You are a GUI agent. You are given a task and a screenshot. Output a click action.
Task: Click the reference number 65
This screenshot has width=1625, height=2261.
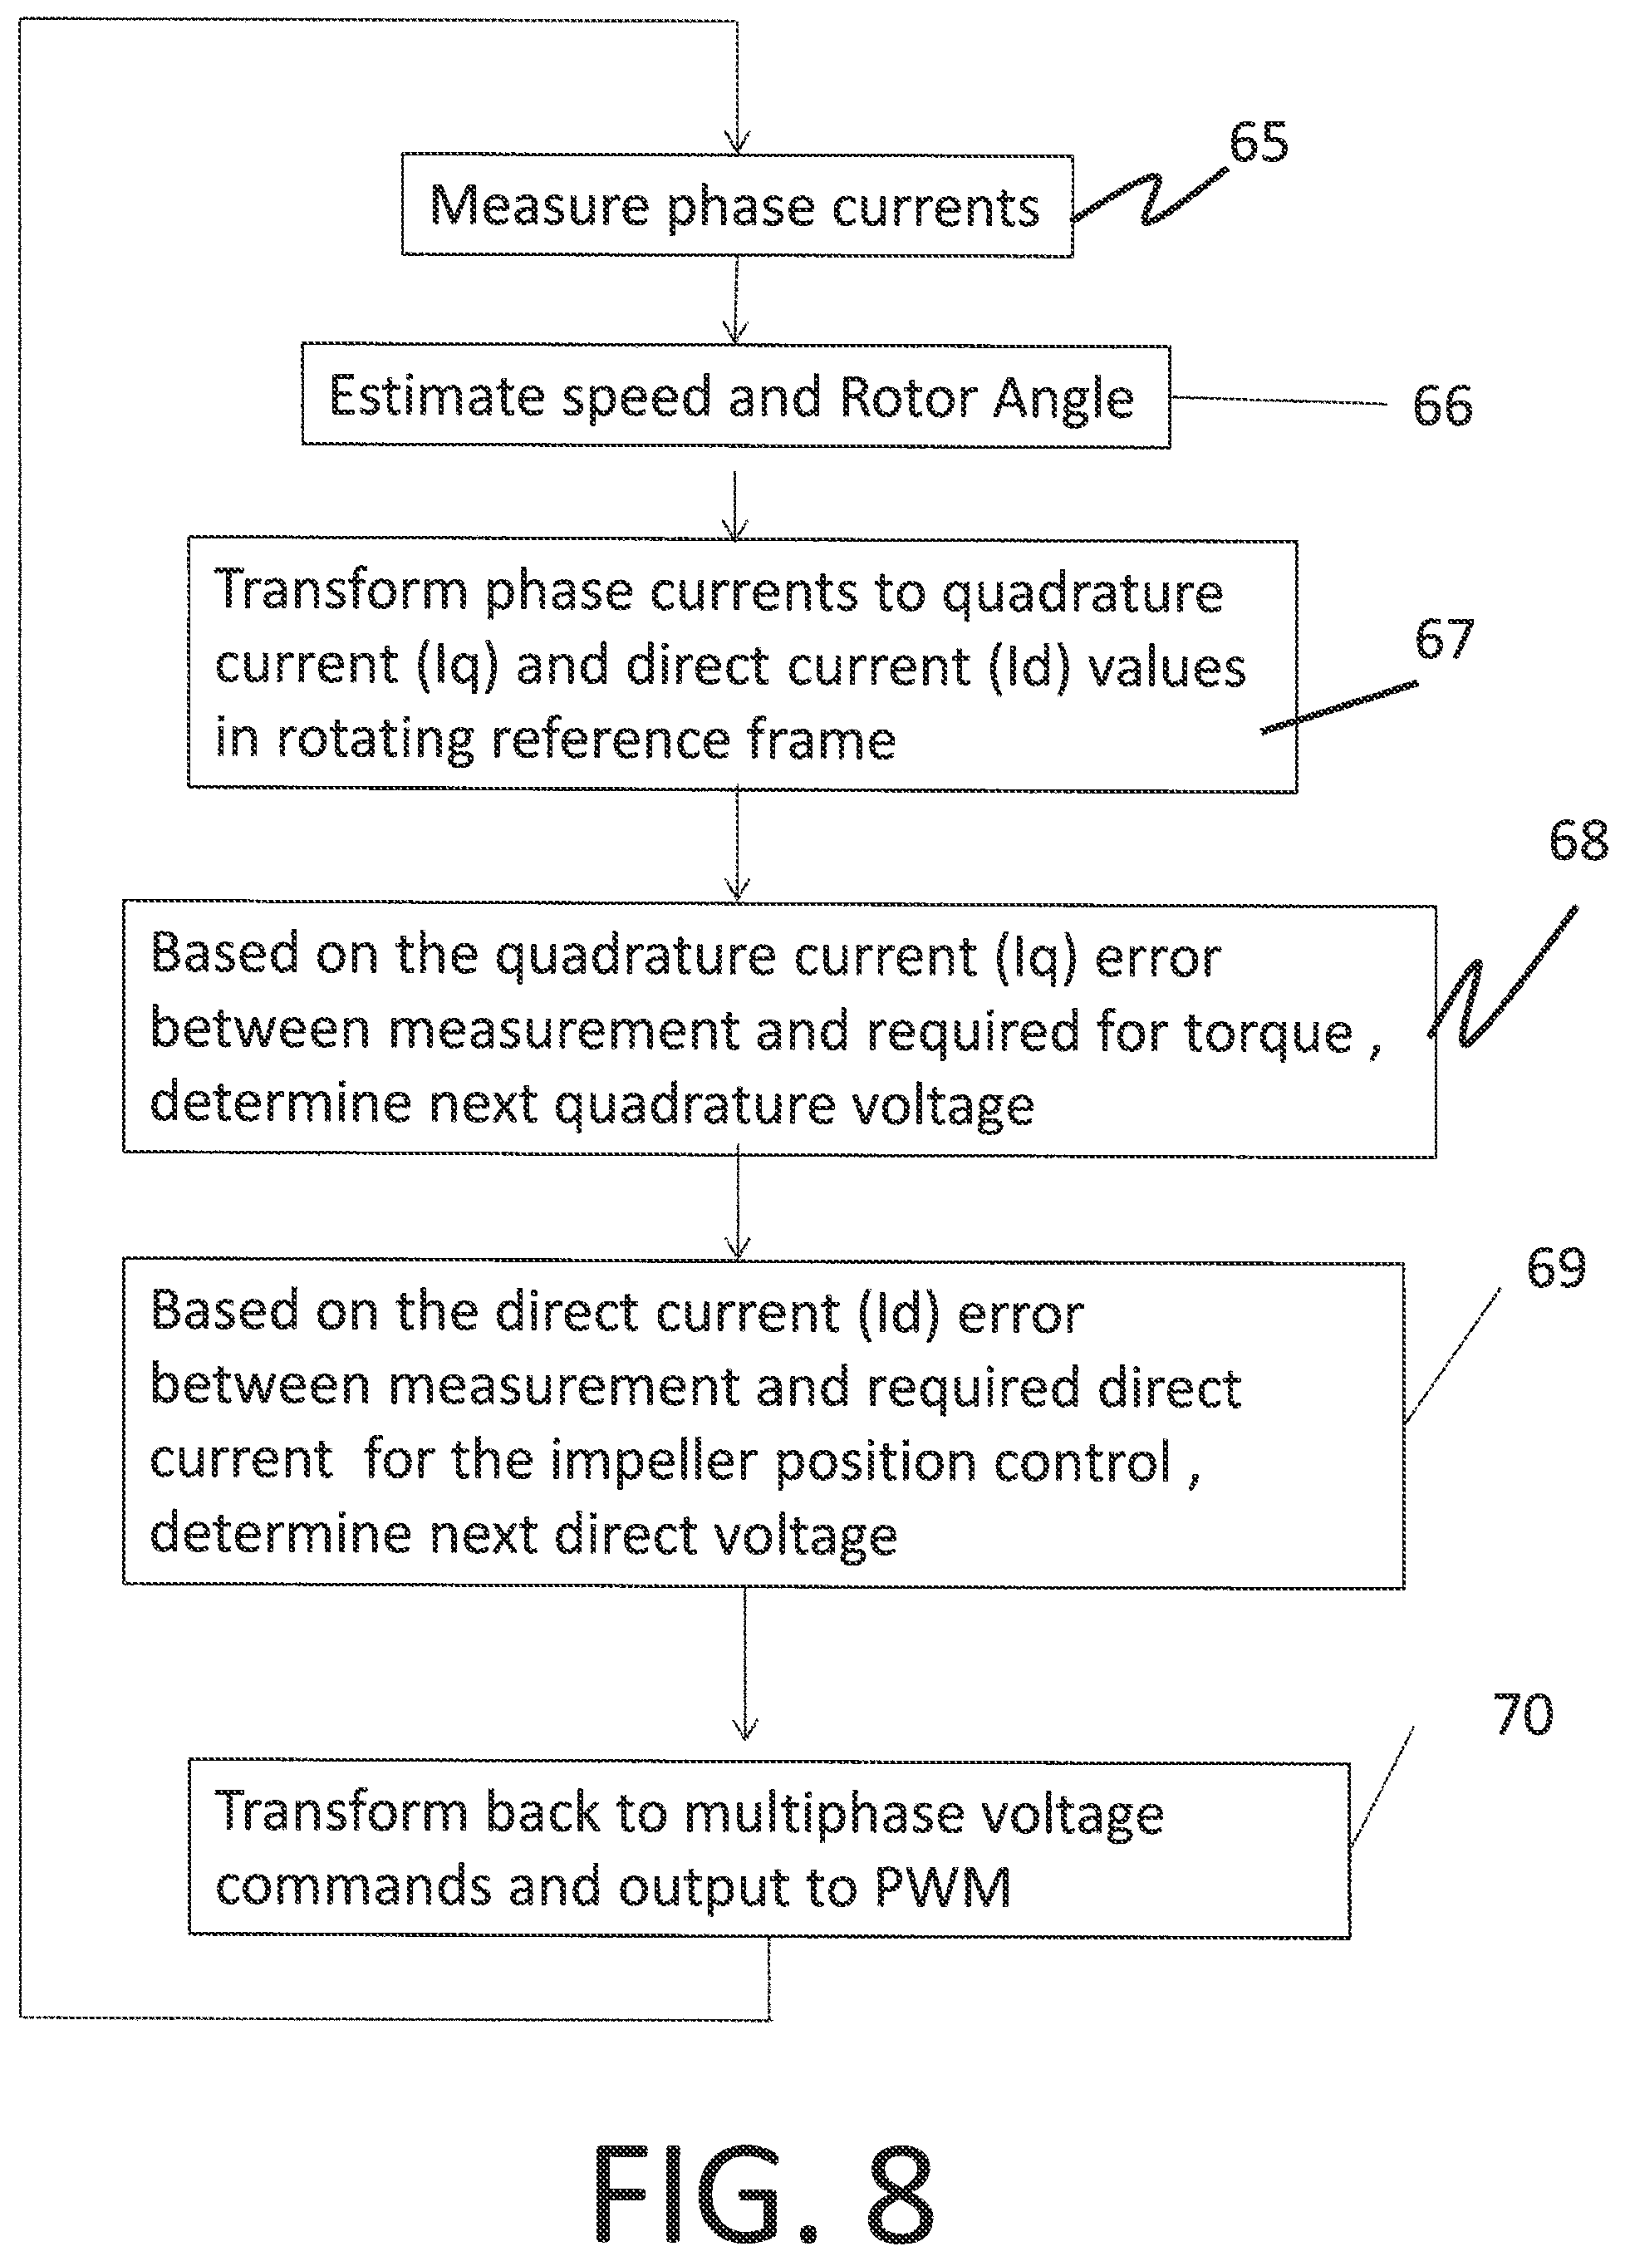click(1258, 141)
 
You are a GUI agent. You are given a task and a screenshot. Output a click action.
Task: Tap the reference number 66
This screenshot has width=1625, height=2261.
click(1441, 406)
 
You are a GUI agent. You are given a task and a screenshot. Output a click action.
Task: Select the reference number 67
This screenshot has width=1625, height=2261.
click(1444, 639)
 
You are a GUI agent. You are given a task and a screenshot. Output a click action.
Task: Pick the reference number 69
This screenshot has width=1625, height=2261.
click(1555, 1268)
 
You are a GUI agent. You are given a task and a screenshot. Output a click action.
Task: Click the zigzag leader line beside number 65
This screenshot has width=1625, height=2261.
click(1150, 196)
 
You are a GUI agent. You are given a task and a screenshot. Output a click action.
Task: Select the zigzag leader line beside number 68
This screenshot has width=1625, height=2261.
click(1504, 977)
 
